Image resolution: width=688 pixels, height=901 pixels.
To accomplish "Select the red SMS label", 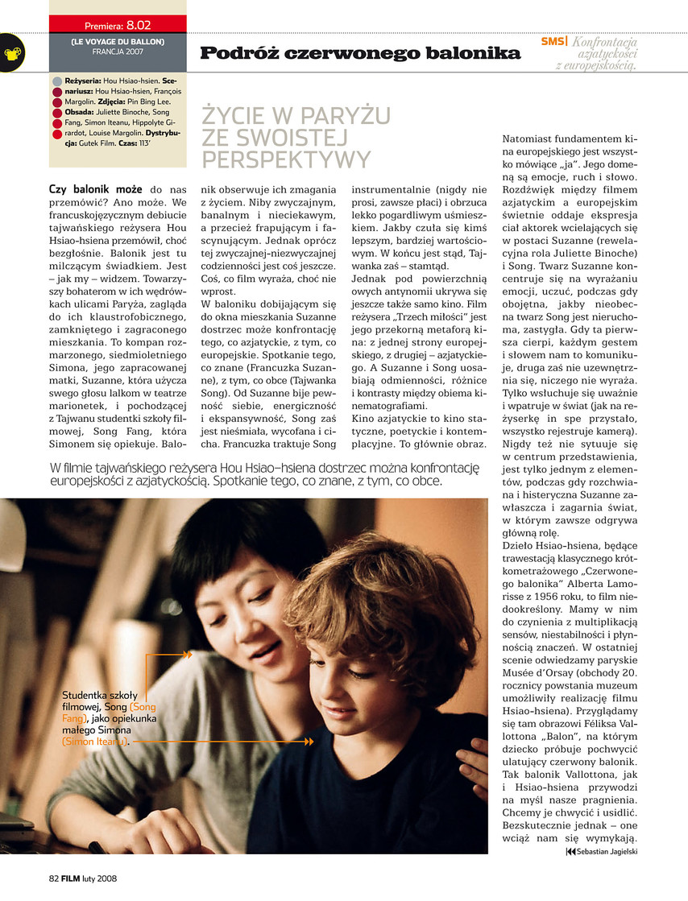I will [552, 41].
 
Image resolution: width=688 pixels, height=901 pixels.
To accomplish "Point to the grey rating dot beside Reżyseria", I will [56, 82].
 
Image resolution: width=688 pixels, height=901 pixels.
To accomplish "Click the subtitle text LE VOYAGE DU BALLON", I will [118, 41].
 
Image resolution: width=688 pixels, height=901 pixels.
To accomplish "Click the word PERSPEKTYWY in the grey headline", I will [286, 157].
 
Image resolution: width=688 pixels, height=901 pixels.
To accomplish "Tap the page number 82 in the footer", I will [55, 878].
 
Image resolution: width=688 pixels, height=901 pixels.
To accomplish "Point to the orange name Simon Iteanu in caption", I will [94, 742].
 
